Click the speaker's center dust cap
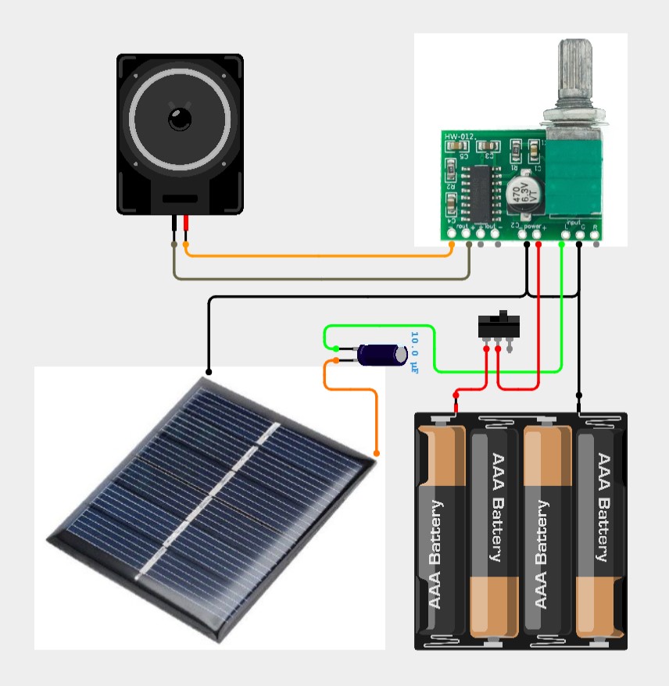point(180,119)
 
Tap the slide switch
point(498,325)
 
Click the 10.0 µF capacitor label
point(414,352)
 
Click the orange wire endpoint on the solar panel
point(377,453)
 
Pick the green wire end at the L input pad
point(563,243)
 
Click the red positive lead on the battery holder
point(456,403)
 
